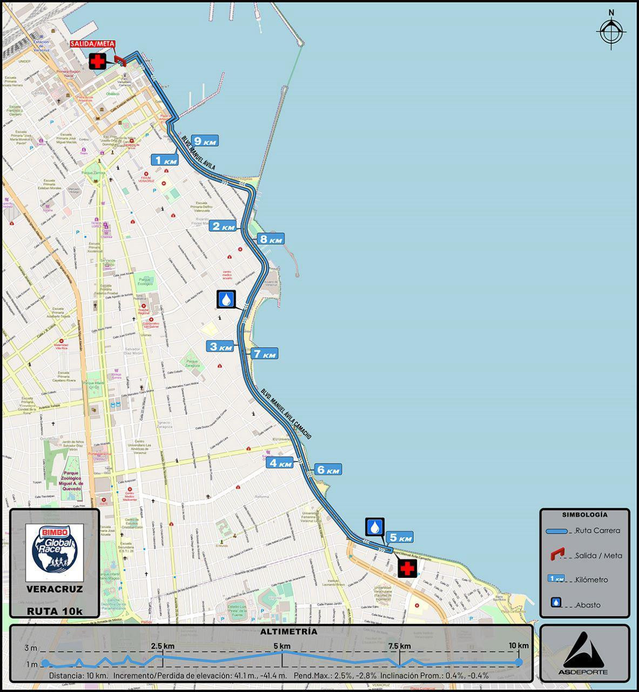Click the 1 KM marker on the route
[164, 160]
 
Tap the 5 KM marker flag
[400, 537]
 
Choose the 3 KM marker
[220, 347]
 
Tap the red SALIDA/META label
[92, 44]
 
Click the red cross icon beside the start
[98, 62]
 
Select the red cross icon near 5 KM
[407, 569]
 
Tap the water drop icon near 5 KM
[375, 527]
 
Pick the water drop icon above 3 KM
[227, 299]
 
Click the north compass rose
[611, 33]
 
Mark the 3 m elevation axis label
[31, 648]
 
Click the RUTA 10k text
[55, 611]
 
